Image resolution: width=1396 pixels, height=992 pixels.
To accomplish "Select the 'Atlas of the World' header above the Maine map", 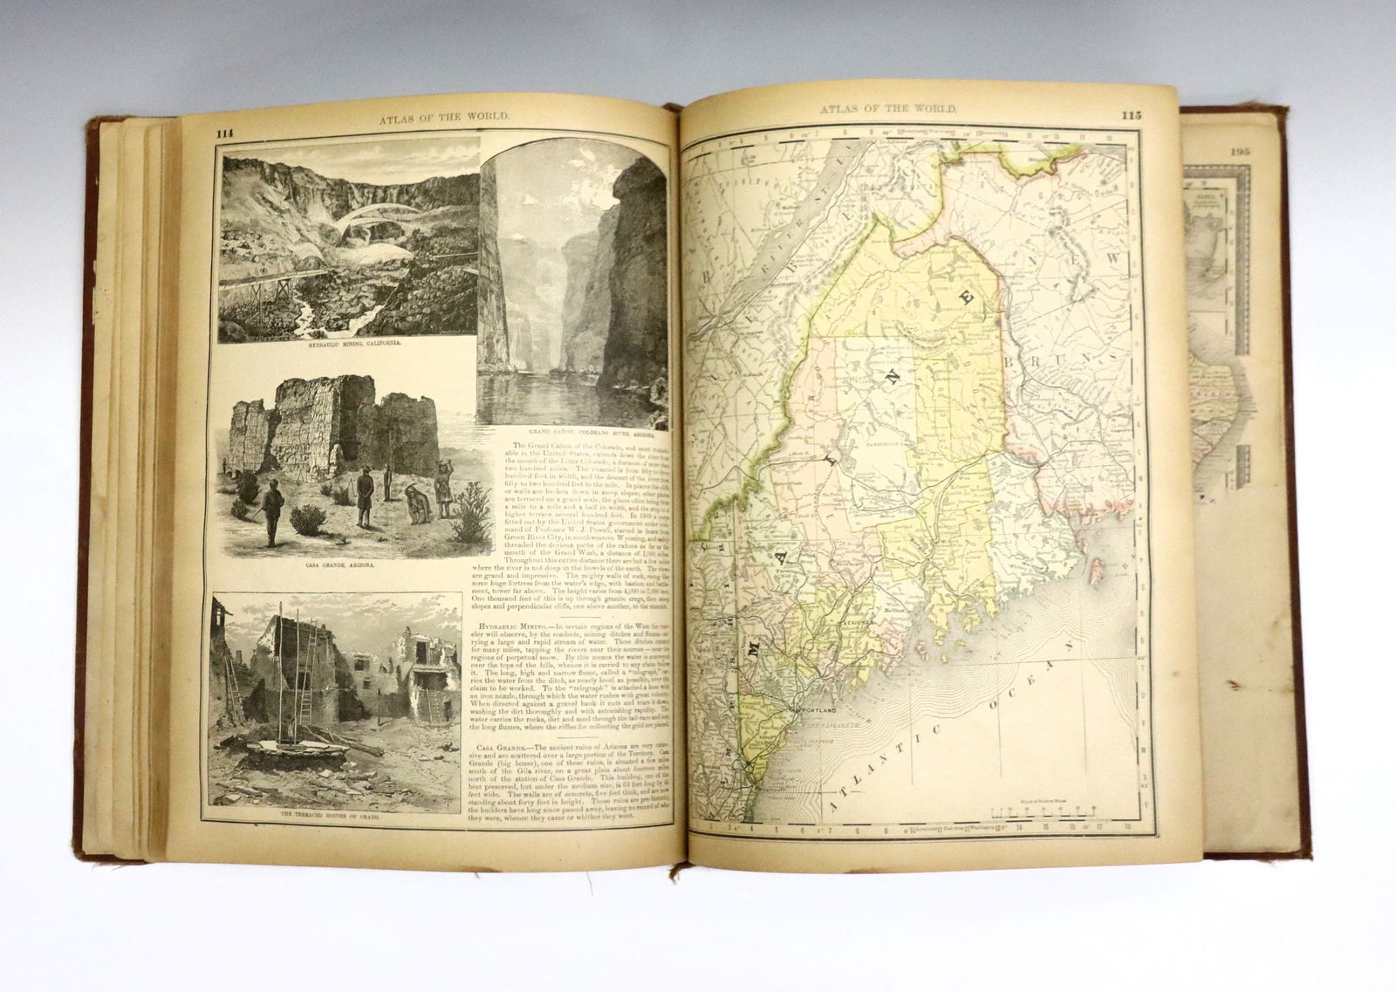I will tap(889, 109).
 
